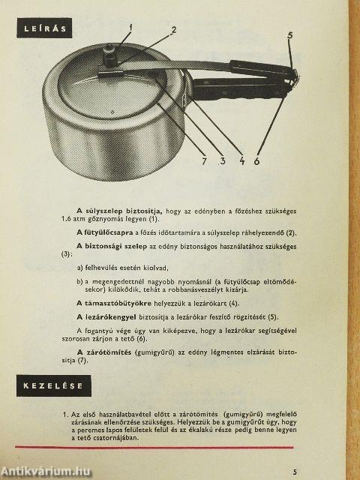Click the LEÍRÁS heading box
click(x=44, y=28)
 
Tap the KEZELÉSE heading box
click(x=54, y=385)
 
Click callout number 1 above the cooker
click(x=130, y=28)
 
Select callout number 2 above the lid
click(x=173, y=30)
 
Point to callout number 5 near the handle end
click(x=290, y=35)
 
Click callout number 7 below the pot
click(x=205, y=161)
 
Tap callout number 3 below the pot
click(x=223, y=160)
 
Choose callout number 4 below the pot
click(x=242, y=160)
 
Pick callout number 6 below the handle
click(x=256, y=160)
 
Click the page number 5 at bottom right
click(x=295, y=472)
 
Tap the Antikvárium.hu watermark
click(x=46, y=472)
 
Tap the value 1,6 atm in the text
click(x=72, y=219)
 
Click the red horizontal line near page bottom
click(x=154, y=447)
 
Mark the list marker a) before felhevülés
click(x=80, y=268)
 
